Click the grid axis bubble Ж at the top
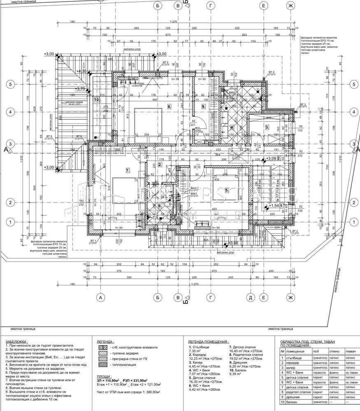pos(290,6)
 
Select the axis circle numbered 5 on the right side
pos(353,84)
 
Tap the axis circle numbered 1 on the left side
pos(9,222)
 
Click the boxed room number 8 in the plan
pos(169,106)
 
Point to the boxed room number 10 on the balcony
pos(97,99)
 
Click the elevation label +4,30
pos(81,71)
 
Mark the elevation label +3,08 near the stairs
pos(271,158)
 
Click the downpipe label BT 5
pos(165,62)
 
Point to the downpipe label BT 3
pos(303,104)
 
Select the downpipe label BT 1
pos(93,240)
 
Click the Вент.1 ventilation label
pos(195,187)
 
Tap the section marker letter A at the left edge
pos(6,150)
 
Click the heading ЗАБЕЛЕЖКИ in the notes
pos(17,341)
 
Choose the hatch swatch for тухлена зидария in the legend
pos(102,353)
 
